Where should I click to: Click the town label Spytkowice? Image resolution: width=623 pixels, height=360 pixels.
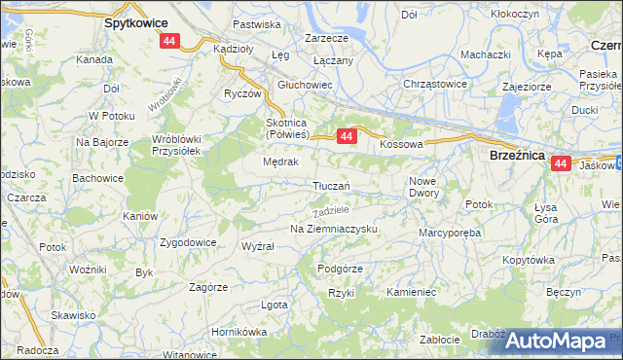pos(135,21)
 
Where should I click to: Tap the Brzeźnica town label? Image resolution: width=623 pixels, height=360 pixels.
pos(516,154)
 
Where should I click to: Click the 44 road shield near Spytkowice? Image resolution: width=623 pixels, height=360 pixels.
pos(170,41)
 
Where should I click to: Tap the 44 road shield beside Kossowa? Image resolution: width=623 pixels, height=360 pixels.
pos(346,138)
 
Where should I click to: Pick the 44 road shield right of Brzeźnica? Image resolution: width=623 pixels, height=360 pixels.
pos(560,164)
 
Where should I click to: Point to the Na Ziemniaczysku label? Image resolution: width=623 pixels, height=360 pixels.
pos(333,229)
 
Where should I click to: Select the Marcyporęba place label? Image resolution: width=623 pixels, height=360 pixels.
pos(451,233)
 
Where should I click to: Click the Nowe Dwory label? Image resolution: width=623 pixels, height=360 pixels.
pos(423,187)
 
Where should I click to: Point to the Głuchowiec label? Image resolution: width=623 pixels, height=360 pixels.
pos(306,85)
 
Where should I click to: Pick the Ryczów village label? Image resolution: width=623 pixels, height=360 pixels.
pos(242,94)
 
